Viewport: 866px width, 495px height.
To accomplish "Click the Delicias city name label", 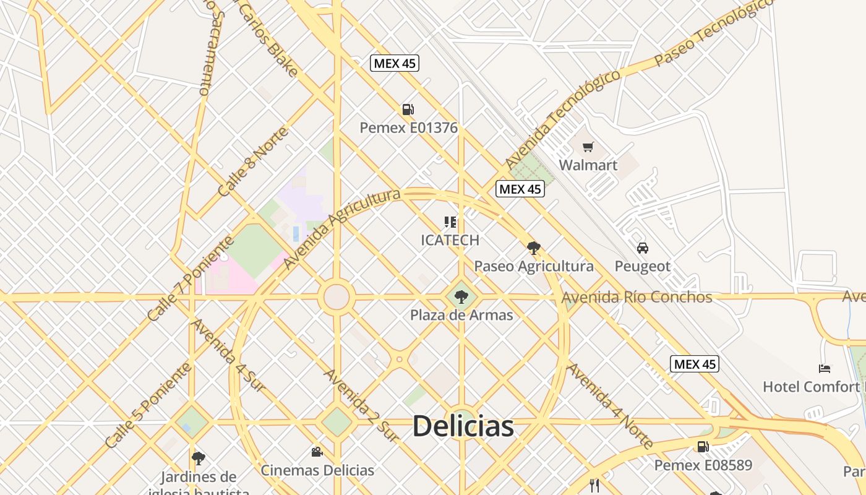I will click(x=463, y=426).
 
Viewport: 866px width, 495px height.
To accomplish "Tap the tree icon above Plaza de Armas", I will click(x=461, y=297).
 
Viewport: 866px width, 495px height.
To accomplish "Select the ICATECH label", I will click(x=450, y=240).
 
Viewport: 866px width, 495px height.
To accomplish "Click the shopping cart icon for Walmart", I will click(x=588, y=147).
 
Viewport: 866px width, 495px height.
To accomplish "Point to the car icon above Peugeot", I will click(x=643, y=248).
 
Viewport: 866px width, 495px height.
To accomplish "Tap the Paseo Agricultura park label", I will click(x=533, y=266).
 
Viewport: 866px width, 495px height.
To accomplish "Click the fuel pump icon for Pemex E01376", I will click(x=408, y=110).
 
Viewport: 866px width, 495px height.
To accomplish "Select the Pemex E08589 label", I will click(x=703, y=465).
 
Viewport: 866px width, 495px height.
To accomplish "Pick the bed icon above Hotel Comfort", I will click(x=825, y=369).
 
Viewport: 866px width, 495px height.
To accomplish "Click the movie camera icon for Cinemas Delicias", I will click(x=317, y=452).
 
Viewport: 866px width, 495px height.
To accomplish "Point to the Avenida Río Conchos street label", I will click(x=637, y=297).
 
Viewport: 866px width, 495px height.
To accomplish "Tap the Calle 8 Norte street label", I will click(x=253, y=162).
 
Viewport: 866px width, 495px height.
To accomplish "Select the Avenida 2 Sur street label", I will click(x=361, y=405).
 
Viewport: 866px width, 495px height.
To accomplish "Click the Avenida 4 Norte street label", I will click(x=610, y=406).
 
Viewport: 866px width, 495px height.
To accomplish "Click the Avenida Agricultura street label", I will click(x=341, y=230).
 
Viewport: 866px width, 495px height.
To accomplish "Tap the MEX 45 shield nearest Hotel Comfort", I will click(x=694, y=364).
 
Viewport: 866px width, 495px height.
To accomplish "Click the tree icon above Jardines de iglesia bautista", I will click(x=198, y=458).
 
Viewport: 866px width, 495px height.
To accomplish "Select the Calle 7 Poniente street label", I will click(x=191, y=279).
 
